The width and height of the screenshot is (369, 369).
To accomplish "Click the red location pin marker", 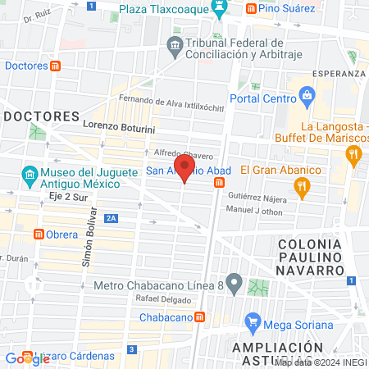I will click(x=184, y=169).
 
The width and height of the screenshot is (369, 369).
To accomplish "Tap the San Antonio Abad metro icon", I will click(x=220, y=183).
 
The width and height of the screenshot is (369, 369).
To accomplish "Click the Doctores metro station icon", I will click(x=55, y=65).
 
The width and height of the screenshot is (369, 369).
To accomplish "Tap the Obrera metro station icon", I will click(x=38, y=235).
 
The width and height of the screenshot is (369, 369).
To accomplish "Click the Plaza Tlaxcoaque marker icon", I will click(x=219, y=10).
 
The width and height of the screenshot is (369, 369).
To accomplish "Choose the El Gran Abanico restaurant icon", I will click(x=302, y=187).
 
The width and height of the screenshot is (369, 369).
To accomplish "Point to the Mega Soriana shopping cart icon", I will click(x=253, y=319).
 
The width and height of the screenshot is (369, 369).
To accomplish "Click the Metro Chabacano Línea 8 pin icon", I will click(x=235, y=285).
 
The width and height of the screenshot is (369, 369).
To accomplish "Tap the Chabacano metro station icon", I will click(x=198, y=317).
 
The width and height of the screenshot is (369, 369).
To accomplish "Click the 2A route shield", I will click(x=112, y=217).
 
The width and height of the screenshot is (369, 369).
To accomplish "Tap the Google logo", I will click(x=27, y=358).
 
